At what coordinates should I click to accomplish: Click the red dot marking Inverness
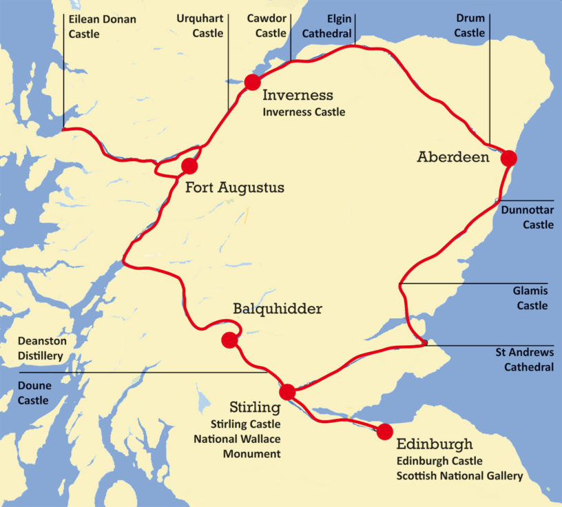click(253, 82)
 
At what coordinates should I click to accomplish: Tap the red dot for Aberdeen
click(508, 158)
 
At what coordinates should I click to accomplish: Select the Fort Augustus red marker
click(189, 166)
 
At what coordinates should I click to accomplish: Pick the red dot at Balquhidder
click(229, 340)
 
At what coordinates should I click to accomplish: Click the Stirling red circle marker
click(287, 392)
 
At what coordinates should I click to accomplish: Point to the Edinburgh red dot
click(384, 432)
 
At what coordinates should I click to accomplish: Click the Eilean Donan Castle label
click(103, 26)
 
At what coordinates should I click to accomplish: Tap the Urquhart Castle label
click(200, 26)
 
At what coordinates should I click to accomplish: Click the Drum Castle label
click(470, 26)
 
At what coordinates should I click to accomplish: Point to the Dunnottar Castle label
click(528, 217)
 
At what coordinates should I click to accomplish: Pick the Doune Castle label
click(34, 393)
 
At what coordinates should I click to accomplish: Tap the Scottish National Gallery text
click(459, 476)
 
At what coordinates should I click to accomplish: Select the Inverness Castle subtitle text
click(304, 112)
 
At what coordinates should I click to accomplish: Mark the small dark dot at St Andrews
click(426, 342)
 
